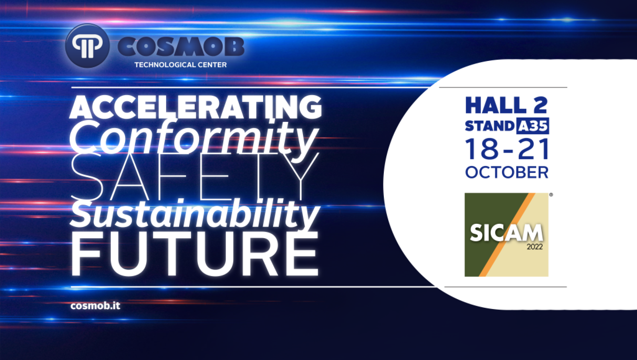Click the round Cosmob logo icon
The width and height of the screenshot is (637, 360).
pyautogui.click(x=87, y=45)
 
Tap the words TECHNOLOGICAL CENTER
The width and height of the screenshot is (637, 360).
pyautogui.click(x=181, y=65)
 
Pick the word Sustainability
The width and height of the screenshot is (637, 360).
pyautogui.click(x=195, y=213)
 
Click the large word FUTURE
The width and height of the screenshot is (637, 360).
pyautogui.click(x=195, y=254)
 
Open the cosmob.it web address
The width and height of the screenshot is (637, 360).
pyautogui.click(x=95, y=306)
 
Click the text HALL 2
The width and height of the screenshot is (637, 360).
pyautogui.click(x=506, y=105)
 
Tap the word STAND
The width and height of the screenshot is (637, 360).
pyautogui.click(x=490, y=126)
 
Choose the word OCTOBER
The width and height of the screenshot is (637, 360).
pyautogui.click(x=507, y=172)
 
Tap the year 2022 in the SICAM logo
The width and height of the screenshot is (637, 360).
pyautogui.click(x=535, y=247)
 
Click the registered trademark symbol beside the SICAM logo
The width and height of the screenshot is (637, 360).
pyautogui.click(x=551, y=195)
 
